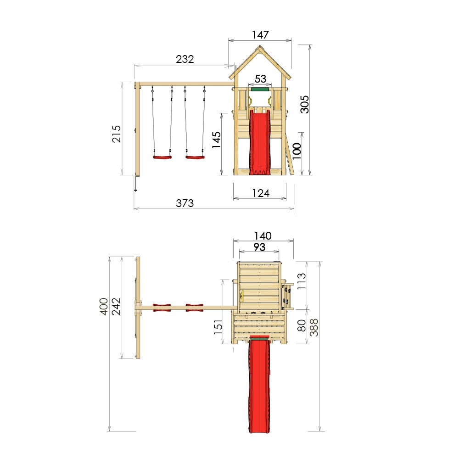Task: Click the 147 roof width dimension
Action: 260,35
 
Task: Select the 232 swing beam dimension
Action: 185,59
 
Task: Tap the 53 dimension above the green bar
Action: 260,78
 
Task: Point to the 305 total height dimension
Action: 304,104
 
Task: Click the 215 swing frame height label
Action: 116,134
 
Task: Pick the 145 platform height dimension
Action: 216,140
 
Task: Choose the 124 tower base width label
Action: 261,193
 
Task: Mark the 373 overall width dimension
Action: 185,203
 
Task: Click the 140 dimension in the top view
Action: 263,235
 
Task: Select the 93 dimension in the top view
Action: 259,247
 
